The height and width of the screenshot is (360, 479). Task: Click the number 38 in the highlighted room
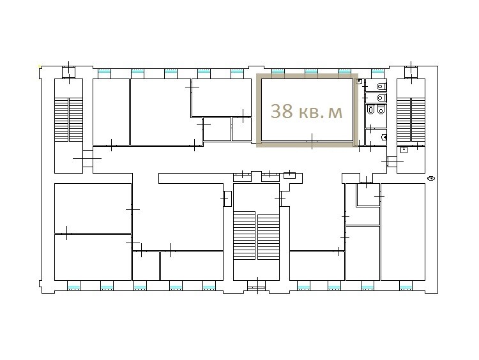pos(282,111)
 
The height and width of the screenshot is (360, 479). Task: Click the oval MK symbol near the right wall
pos(431,178)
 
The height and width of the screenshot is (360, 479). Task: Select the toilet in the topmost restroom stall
pos(381,86)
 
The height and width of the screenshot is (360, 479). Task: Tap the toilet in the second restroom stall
pos(381,98)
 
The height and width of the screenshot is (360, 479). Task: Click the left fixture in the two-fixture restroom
pos(371,110)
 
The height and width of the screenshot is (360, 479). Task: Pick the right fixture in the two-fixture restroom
pos(381,110)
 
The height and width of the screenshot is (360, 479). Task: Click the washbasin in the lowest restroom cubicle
pos(384,137)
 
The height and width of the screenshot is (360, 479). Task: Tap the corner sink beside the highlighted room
pos(360,81)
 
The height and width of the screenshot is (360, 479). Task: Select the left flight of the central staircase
pos(245,236)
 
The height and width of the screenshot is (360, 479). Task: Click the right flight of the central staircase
pos(268,237)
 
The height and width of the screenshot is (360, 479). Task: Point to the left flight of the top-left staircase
pos(61,119)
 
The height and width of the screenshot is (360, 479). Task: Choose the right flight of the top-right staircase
pos(418,119)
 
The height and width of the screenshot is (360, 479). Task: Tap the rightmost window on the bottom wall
pos(406,288)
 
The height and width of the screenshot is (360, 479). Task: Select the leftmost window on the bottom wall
pos(73,288)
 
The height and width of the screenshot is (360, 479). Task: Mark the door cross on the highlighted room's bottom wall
pos(312,141)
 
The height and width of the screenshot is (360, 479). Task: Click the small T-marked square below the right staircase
pos(404,149)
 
